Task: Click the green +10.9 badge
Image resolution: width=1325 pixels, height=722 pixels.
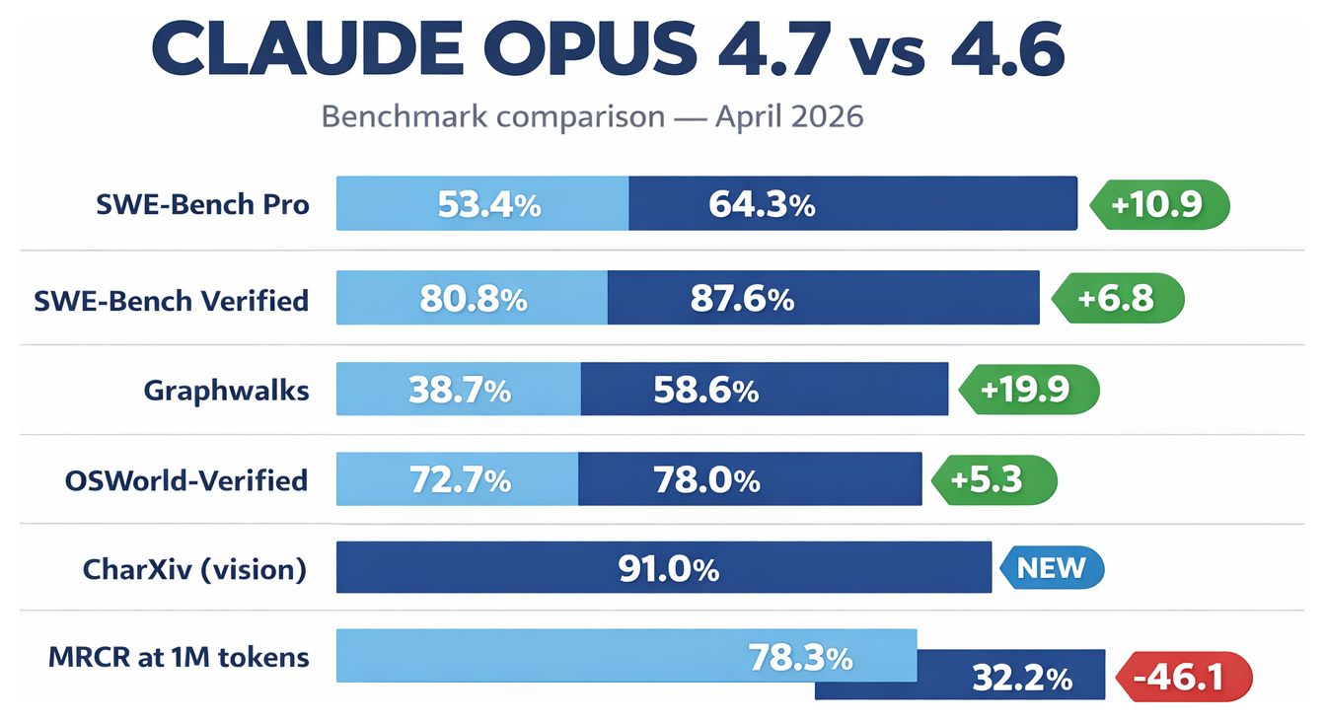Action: [x=1161, y=204]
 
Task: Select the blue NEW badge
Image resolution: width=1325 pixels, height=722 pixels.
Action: [x=1052, y=568]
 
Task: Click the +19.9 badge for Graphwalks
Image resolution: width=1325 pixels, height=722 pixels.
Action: [x=1029, y=390]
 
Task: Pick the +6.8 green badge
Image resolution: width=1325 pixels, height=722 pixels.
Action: [x=1119, y=298]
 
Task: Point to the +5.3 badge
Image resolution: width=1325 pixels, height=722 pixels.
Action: [x=994, y=480]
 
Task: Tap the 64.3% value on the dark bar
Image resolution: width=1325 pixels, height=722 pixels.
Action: [x=762, y=205]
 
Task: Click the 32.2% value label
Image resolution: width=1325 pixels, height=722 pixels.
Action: [x=1021, y=679]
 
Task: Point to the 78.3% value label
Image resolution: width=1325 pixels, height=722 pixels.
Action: [x=800, y=657]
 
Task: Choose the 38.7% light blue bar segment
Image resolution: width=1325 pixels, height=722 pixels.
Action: [x=459, y=390]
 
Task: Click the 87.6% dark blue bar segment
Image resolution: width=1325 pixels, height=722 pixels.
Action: [x=823, y=298]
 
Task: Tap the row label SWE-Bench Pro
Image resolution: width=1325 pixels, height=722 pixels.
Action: [x=202, y=204]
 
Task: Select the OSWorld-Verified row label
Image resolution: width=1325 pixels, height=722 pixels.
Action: [x=186, y=480]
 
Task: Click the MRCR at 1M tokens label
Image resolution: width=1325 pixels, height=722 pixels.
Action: [x=179, y=657]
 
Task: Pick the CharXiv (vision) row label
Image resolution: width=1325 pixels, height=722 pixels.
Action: [x=194, y=568]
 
